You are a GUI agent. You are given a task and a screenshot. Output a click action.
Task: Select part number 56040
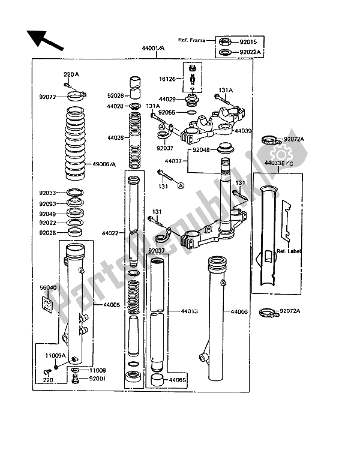click(48, 287)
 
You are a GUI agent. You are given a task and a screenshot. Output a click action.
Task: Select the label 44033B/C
click(277, 163)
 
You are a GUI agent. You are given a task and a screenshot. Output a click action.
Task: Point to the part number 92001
click(98, 379)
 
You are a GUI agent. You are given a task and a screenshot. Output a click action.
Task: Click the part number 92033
click(48, 193)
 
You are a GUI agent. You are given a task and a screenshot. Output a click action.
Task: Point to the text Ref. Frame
click(191, 41)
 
